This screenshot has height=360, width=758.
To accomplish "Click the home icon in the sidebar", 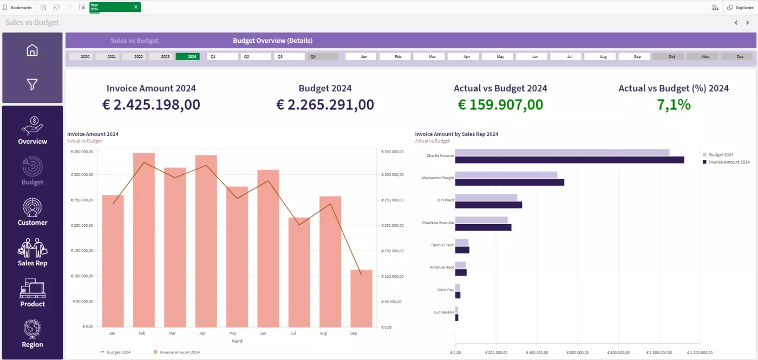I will (32, 50).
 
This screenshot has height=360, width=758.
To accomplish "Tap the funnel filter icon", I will (32, 84).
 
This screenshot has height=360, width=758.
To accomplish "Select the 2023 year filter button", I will (165, 56).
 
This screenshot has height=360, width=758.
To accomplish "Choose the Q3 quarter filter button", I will (289, 56).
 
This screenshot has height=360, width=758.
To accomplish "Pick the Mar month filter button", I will (432, 56).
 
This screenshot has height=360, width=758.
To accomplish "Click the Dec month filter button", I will (740, 56).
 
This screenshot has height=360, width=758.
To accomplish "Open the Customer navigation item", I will (32, 212).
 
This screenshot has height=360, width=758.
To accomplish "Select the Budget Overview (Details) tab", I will (272, 41).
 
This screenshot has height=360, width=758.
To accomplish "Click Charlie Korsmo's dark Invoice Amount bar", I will (569, 160).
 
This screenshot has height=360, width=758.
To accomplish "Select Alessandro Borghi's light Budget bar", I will (506, 175).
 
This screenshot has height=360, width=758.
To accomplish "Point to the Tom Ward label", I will (445, 200).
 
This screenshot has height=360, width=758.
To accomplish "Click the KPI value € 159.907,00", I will (500, 104).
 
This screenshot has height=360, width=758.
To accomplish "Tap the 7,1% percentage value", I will (674, 104).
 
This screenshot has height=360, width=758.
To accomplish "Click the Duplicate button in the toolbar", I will (740, 8).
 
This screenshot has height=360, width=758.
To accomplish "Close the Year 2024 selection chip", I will (136, 7).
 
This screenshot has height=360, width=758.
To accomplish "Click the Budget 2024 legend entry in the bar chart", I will (721, 154).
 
